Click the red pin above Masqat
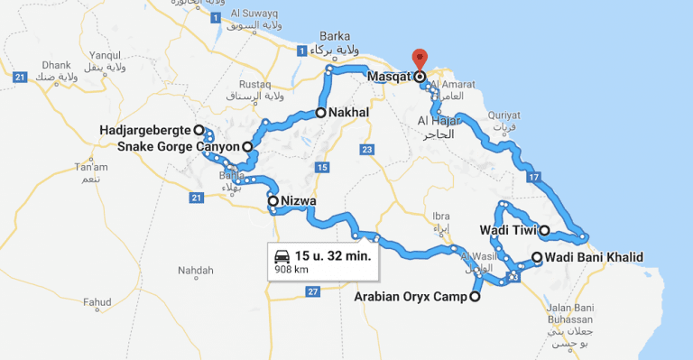click(419, 57)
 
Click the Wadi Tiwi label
click(508, 230)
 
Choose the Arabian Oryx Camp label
click(411, 296)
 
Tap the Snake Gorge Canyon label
click(178, 146)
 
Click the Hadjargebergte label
click(144, 131)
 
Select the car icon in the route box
click(282, 254)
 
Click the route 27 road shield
click(312, 291)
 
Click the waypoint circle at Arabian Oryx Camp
click(475, 296)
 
